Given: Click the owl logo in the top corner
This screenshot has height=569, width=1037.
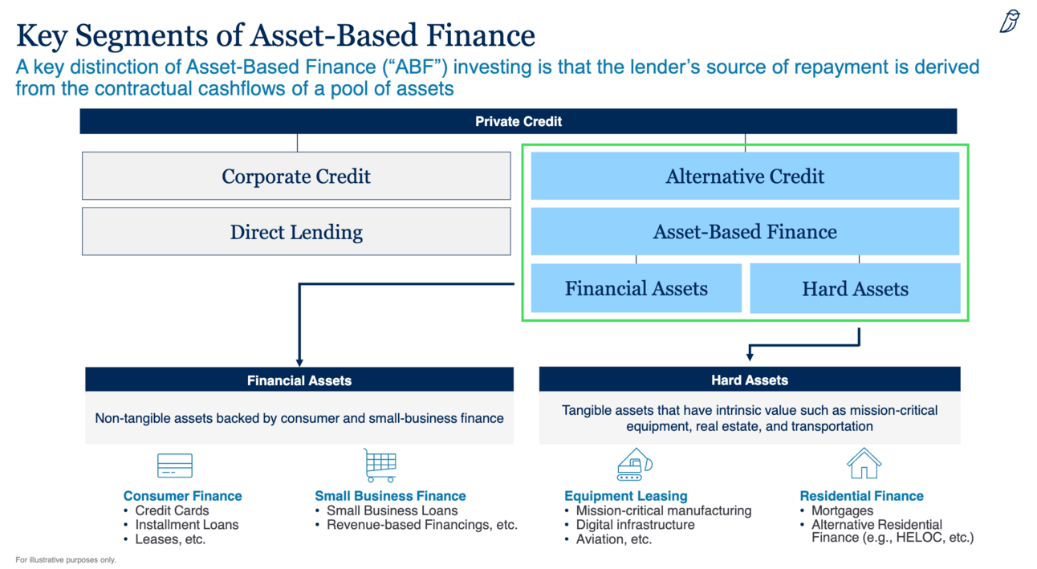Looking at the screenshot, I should (x=1010, y=22).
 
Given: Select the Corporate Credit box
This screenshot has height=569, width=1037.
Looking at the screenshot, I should (x=296, y=176).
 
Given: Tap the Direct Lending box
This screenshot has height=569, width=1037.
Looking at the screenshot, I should (x=296, y=232).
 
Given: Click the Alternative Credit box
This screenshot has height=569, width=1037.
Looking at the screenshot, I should (x=745, y=176).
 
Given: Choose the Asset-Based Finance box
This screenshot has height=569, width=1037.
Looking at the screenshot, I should (x=745, y=232).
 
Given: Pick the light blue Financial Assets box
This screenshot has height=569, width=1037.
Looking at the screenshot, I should (x=636, y=288).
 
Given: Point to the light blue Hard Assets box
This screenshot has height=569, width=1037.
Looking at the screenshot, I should (x=855, y=289).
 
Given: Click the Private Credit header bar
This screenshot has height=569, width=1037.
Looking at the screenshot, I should (x=518, y=121).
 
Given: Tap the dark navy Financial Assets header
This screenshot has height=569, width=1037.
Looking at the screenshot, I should (x=299, y=380).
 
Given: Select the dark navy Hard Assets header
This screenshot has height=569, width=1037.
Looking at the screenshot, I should (x=750, y=380).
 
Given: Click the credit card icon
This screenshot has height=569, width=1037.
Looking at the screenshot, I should (x=175, y=465).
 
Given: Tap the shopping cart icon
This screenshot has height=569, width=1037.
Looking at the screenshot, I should (x=380, y=465).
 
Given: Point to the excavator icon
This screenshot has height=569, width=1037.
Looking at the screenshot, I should (x=634, y=465).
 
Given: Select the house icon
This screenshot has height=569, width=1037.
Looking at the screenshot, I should (x=864, y=464).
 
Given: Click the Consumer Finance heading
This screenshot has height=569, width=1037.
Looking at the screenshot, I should (x=182, y=496).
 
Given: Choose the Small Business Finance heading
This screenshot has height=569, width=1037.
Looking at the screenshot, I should (x=390, y=496).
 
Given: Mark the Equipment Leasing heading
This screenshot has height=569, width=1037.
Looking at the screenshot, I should (x=626, y=496).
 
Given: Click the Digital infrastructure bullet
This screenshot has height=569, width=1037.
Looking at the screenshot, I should (x=635, y=525).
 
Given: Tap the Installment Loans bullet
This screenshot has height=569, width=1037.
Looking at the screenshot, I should (x=186, y=525).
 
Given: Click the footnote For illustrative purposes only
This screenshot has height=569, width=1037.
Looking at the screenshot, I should (x=66, y=559).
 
